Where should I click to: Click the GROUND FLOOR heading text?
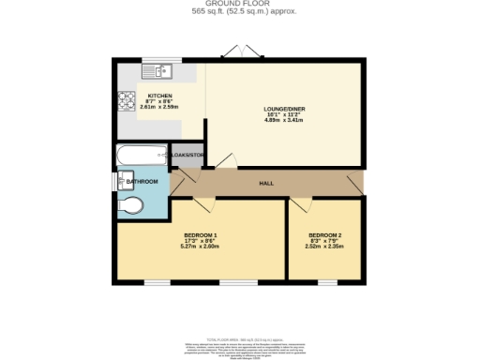[x=240, y=4]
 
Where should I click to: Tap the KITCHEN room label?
[x=160, y=96]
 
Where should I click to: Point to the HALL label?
[x=266, y=183]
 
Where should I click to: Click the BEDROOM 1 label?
[x=200, y=234]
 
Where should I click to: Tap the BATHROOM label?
[x=143, y=181]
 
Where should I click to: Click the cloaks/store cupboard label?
[x=187, y=155]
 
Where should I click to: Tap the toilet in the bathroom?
[x=131, y=205]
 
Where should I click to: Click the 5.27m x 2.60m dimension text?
[x=200, y=247]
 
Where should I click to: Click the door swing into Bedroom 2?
[x=300, y=205]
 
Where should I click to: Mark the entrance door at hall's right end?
[x=353, y=183]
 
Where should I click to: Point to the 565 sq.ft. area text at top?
[x=240, y=12]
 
